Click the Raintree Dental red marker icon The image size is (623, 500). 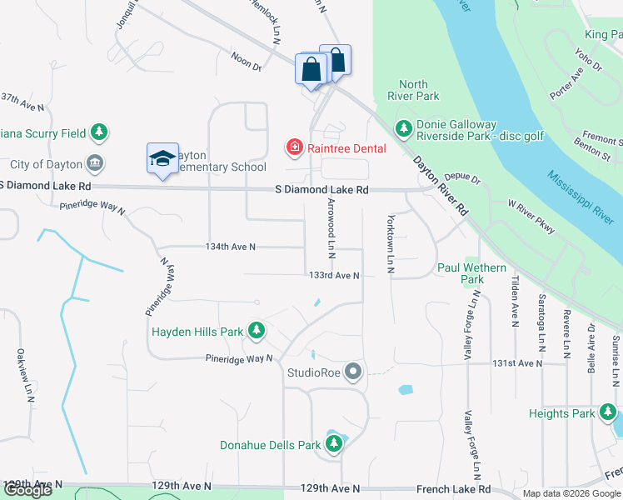click(x=294, y=148)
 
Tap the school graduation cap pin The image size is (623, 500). click(x=163, y=157)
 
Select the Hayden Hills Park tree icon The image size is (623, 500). click(x=257, y=332)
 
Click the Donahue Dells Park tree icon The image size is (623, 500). click(x=334, y=445)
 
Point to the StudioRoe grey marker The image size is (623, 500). click(x=354, y=372)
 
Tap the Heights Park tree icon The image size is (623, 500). click(x=608, y=413)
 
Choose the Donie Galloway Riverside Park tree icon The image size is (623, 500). click(x=404, y=128)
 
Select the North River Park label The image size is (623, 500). click(x=413, y=90)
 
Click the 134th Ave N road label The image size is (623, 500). click(x=231, y=247)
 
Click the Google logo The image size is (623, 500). click(x=27, y=490)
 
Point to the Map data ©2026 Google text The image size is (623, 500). click(x=571, y=493)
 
